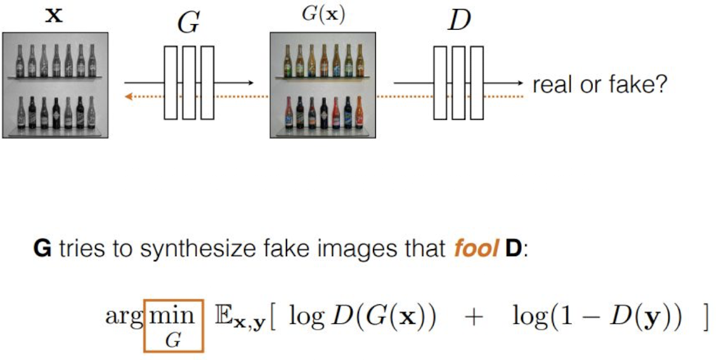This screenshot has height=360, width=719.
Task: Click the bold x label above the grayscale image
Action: tap(55, 16)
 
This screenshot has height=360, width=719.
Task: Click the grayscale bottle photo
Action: tap(56, 85)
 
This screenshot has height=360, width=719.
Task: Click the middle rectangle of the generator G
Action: tap(189, 82)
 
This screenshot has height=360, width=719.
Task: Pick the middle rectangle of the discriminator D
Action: tap(458, 82)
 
